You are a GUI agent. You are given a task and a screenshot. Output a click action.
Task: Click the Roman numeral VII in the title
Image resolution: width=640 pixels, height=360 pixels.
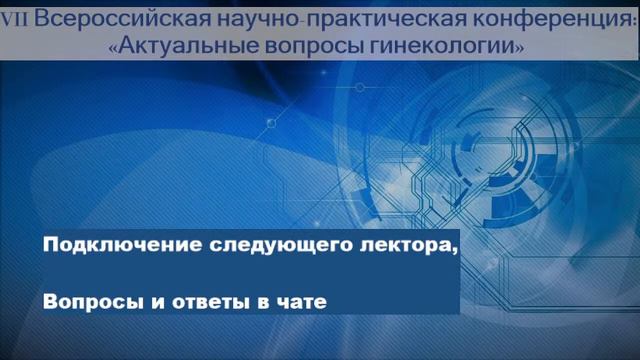13,19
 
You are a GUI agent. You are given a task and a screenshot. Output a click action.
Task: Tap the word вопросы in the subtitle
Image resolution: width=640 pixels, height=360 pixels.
313,46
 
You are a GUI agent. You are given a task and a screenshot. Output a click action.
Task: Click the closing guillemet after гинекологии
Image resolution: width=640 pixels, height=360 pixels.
519,46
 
